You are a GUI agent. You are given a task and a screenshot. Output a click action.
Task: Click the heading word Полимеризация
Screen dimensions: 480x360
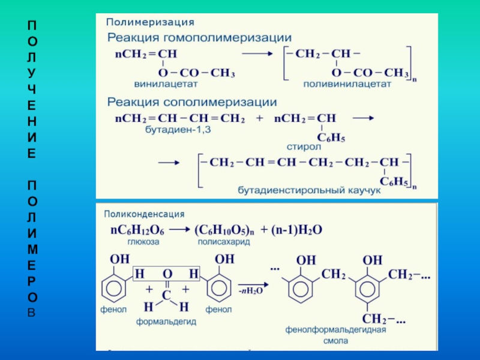pyautogui.click(x=150, y=22)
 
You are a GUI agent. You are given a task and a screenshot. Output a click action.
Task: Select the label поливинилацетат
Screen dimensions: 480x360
pyautogui.click(x=347, y=85)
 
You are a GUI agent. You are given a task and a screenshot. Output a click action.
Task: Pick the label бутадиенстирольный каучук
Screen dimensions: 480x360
pyautogui.click(x=310, y=190)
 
